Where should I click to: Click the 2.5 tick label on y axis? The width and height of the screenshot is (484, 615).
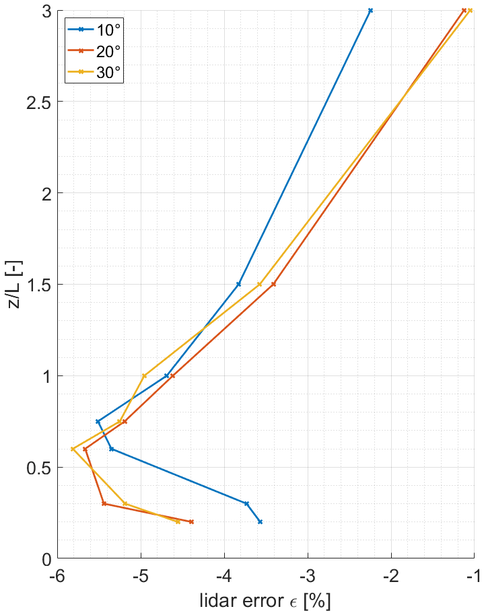point(35,102)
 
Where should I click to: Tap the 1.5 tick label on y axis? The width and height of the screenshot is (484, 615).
point(35,285)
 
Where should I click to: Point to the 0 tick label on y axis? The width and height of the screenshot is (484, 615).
point(44,558)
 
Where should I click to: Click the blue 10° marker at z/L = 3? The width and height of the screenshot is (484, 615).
point(370,11)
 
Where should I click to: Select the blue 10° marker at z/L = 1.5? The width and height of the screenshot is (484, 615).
point(238,284)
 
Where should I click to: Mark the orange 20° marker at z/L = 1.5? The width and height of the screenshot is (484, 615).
point(273,284)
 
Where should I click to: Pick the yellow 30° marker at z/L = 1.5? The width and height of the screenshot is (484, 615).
point(259,284)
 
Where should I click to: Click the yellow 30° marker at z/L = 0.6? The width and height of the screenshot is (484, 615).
point(73,449)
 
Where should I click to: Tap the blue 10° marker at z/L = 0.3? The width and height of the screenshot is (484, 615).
point(246,503)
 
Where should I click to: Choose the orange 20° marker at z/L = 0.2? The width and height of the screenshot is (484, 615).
point(191,521)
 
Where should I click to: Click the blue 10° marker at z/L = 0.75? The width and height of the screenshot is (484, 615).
point(98,421)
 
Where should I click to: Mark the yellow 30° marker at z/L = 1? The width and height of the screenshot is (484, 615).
point(144,375)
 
